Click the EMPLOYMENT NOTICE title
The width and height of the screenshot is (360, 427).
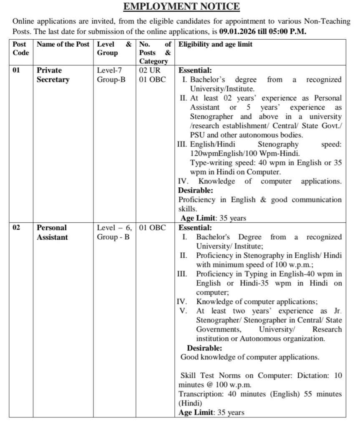click(181, 6)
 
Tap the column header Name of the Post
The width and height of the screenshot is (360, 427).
click(63, 44)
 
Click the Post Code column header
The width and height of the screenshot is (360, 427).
click(21, 48)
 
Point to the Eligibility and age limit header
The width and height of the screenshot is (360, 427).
click(215, 44)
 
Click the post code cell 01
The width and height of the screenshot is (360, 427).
click(16, 70)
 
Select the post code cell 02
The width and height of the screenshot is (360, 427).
click(16, 228)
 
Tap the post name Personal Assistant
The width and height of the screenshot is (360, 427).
click(52, 233)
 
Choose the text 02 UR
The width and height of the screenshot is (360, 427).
click(150, 70)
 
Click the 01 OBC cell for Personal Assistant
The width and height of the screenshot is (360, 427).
click(152, 228)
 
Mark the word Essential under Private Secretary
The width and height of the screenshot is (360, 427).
click(195, 70)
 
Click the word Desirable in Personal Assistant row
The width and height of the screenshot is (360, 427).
click(204, 348)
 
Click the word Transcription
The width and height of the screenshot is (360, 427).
click(198, 394)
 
